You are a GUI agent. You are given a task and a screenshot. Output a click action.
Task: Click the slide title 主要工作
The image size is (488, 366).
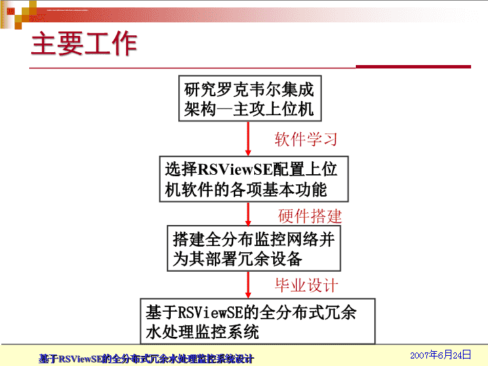pos(84,43)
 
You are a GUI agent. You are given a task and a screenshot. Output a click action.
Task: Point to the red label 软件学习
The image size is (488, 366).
pos(306,139)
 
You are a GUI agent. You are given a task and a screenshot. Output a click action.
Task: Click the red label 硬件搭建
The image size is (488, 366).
pos(310,216)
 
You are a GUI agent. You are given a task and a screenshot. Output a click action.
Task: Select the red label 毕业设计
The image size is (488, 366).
pos(306,285)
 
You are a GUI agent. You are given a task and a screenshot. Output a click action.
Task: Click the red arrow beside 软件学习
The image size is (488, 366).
pos(248,139)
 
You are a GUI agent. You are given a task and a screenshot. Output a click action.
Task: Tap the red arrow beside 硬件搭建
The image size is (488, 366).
pos(248,214)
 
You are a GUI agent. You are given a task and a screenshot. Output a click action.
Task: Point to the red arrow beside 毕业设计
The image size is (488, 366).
pos(248,285)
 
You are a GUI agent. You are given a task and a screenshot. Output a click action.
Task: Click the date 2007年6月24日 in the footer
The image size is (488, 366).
pos(441,354)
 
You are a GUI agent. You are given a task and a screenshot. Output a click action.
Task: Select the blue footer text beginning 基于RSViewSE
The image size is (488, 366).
pos(146,359)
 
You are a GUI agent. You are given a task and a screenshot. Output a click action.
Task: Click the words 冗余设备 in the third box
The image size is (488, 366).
pos(270,259)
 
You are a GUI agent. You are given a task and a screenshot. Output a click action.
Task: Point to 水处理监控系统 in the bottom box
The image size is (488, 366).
pos(202,331)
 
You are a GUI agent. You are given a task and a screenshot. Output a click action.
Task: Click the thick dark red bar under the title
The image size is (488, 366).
pos(413,66)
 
